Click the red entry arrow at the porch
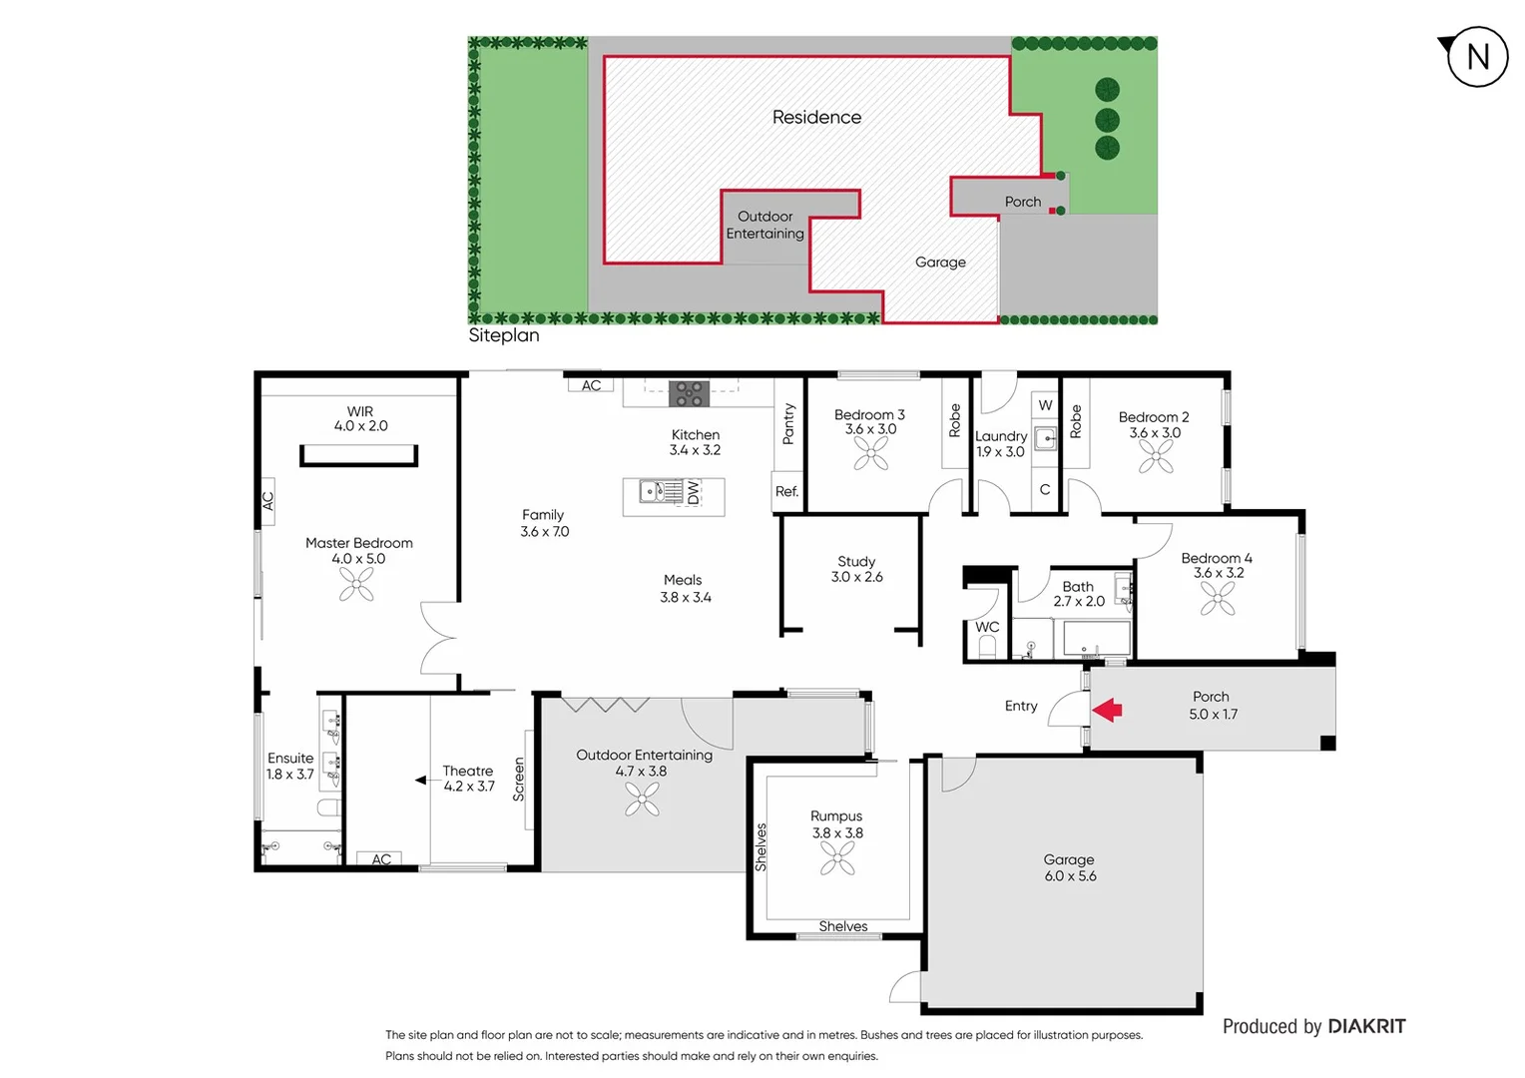coord(1107,710)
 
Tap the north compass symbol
coord(1476,57)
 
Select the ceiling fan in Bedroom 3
coord(871,454)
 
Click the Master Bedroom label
coord(358,543)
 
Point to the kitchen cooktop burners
coord(689,393)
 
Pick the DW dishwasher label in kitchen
coord(694,492)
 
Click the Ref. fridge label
coord(786,491)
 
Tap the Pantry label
coord(788,424)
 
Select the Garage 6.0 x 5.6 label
coord(1070,867)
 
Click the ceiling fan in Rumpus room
coord(837,857)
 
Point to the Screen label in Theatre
coord(518,779)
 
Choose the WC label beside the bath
coord(986,627)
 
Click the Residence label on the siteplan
coord(816,117)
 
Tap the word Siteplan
coord(504,335)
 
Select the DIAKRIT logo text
coord(1366,1026)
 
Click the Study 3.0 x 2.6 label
coord(856,569)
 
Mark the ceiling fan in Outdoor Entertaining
coord(642,799)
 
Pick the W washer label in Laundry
coord(1045,405)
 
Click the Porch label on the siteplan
coord(1022,202)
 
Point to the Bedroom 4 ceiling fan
coord(1218,598)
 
